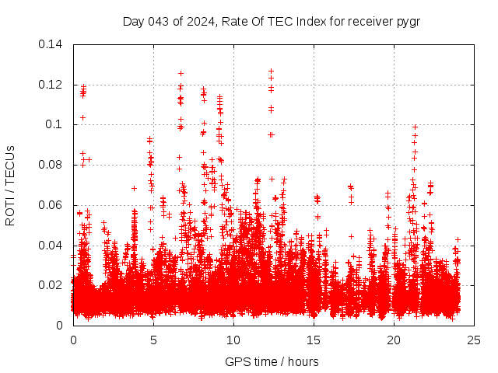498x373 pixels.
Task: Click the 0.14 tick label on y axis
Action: click(53, 44)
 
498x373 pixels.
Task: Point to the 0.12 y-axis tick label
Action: click(53, 85)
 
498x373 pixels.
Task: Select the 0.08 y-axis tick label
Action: click(53, 165)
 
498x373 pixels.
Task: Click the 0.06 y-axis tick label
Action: click(53, 205)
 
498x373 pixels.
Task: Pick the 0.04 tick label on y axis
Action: click(53, 246)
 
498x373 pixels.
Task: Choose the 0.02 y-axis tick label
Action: click(53, 285)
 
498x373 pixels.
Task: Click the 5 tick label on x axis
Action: click(153, 340)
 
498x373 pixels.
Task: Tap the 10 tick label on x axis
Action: click(233, 340)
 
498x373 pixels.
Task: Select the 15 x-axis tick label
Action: click(314, 340)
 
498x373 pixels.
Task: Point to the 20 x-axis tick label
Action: click(394, 340)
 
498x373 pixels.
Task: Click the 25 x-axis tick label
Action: click(474, 340)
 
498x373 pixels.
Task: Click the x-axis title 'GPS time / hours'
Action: click(272, 361)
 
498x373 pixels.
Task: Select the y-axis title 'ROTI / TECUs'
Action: click(11, 185)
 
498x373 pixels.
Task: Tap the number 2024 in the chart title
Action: click(198, 21)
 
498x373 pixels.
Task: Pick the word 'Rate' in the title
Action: click(234, 21)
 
